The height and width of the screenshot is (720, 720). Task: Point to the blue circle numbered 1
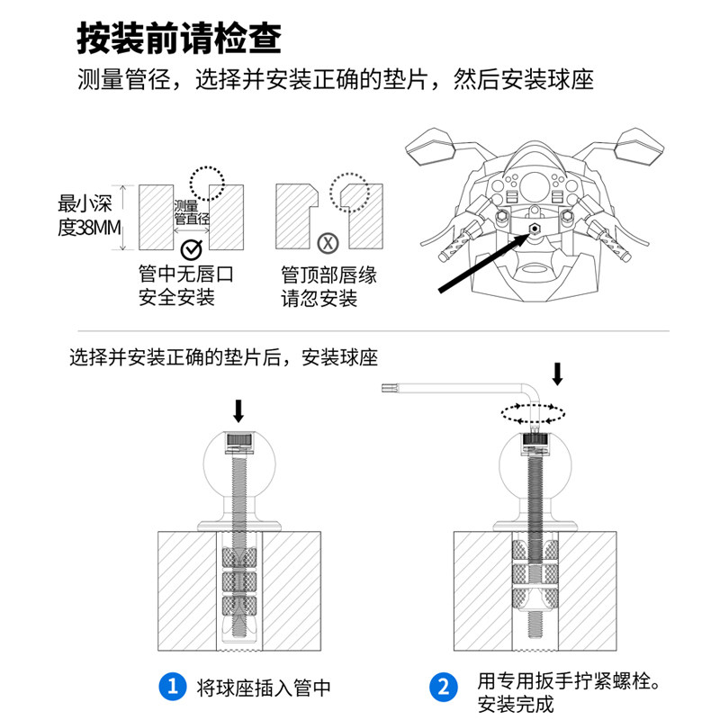pyautogui.click(x=171, y=688)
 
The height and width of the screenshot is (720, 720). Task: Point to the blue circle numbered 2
pyautogui.click(x=442, y=688)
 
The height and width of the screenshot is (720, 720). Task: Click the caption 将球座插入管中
pyautogui.click(x=264, y=688)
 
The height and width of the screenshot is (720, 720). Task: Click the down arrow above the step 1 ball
pyautogui.click(x=238, y=411)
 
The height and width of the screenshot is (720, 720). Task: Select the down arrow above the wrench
pyautogui.click(x=558, y=373)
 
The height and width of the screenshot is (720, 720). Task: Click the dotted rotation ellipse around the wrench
pyautogui.click(x=533, y=413)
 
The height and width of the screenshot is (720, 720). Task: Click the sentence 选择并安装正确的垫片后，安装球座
pyautogui.click(x=224, y=357)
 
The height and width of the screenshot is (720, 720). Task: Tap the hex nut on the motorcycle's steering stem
pyautogui.click(x=534, y=229)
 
